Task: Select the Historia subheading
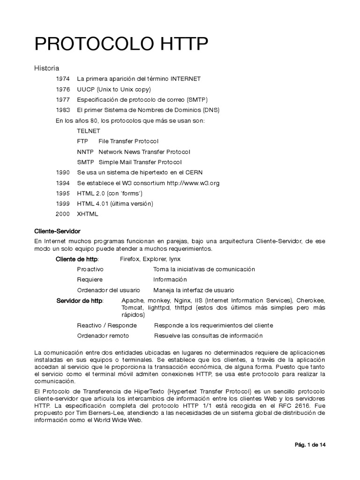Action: [46, 68]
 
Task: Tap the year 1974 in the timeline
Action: [62, 79]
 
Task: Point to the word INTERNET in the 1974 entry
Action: [185, 79]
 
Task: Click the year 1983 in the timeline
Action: [62, 110]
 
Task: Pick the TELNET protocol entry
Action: [89, 131]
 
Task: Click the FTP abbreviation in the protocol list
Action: [82, 141]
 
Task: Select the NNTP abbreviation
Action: [85, 151]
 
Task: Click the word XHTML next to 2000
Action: [88, 214]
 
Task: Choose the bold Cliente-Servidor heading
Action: [58, 231]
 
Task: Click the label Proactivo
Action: [90, 269]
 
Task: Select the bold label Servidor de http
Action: [80, 300]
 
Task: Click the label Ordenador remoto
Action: [103, 336]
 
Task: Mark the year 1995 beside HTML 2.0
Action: [62, 193]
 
